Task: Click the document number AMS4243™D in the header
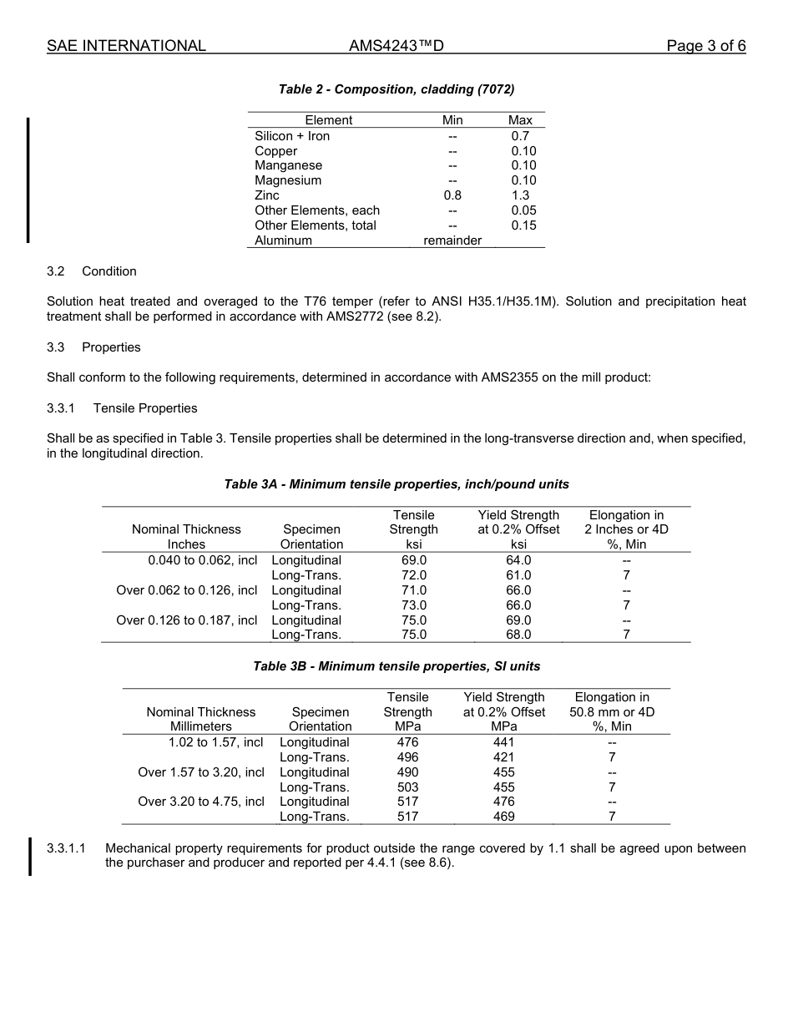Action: click(396, 46)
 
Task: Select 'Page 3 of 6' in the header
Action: click(705, 46)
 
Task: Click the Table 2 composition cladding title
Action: click(396, 89)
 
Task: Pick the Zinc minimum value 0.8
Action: click(452, 195)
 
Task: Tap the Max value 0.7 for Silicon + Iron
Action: click(520, 136)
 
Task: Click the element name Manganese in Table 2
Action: click(288, 165)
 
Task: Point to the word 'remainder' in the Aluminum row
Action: click(452, 240)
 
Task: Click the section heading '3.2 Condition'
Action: click(92, 271)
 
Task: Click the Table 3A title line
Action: click(396, 484)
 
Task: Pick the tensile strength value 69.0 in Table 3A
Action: click(413, 560)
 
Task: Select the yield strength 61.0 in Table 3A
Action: click(518, 575)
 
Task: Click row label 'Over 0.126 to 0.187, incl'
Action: click(187, 620)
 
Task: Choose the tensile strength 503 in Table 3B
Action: click(407, 787)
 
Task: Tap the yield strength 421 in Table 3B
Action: click(503, 757)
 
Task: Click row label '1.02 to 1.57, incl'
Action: click(215, 742)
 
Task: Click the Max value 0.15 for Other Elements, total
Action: click(523, 225)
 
